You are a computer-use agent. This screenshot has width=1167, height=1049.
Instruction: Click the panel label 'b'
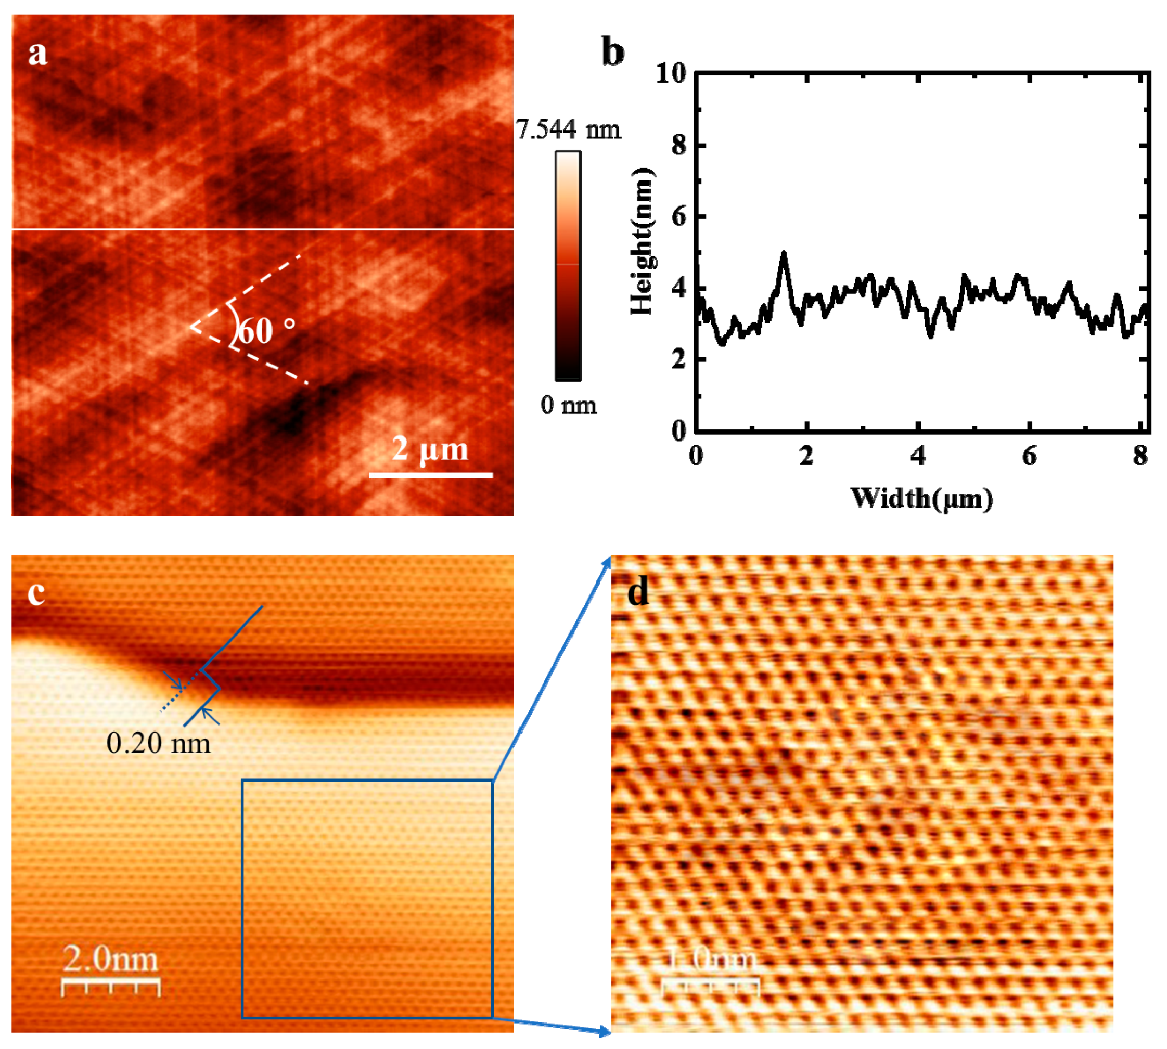(x=612, y=53)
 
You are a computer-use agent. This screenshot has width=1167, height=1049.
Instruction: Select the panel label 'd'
(x=638, y=592)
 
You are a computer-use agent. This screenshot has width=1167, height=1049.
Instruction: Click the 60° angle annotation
(x=265, y=331)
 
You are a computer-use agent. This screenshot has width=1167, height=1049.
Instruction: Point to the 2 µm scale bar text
(x=430, y=448)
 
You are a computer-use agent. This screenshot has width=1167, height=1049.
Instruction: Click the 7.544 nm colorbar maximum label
(x=568, y=129)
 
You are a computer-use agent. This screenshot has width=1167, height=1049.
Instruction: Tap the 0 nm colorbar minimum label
(x=568, y=406)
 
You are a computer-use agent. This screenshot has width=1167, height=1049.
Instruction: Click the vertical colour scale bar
(x=568, y=266)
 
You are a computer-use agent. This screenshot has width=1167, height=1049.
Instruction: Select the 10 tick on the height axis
(x=671, y=74)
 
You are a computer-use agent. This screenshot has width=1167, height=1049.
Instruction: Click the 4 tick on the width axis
(x=918, y=457)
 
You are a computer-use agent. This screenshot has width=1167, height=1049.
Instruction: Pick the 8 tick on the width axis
(x=1140, y=457)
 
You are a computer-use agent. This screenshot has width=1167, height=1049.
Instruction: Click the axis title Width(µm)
(x=922, y=498)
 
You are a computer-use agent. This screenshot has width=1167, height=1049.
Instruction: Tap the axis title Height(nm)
(x=641, y=241)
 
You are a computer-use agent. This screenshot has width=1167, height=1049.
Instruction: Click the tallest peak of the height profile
(x=784, y=254)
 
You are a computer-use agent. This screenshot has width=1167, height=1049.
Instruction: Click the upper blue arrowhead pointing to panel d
(x=607, y=560)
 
